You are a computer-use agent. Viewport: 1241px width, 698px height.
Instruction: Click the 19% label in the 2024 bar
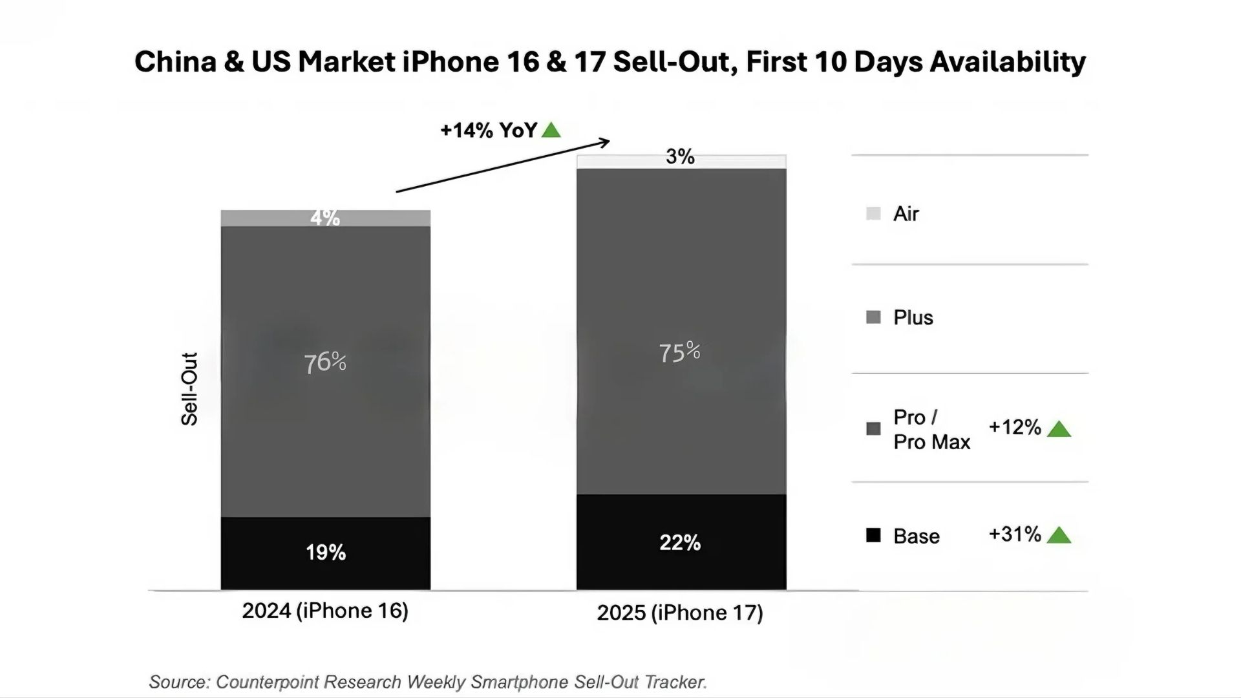click(326, 553)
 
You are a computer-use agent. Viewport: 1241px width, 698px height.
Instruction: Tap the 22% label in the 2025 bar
click(680, 542)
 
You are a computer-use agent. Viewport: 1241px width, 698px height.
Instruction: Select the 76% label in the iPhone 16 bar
click(325, 363)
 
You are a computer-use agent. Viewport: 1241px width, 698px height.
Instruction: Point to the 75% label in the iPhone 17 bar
click(679, 352)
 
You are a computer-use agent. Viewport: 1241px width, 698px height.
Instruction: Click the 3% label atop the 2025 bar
click(680, 156)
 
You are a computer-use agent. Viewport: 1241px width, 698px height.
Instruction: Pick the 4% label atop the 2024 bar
click(325, 218)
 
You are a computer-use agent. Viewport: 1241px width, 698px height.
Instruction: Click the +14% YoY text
click(489, 131)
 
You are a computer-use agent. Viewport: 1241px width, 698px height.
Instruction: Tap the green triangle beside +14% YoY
click(551, 131)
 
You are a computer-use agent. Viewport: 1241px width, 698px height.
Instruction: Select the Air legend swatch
click(873, 213)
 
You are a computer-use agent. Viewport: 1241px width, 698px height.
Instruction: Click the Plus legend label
click(913, 317)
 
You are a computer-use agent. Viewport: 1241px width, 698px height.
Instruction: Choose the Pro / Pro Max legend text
click(931, 429)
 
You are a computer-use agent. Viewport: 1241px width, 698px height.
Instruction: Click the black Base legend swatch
click(873, 535)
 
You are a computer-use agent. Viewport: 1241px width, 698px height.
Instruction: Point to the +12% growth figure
click(1015, 427)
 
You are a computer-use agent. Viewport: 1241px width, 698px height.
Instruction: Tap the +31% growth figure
click(1015, 534)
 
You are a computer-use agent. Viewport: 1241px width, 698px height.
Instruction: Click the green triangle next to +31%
click(1059, 535)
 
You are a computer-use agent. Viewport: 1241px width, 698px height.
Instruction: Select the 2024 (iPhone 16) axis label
click(325, 611)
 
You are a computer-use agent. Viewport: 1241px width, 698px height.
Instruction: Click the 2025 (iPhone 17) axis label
click(680, 613)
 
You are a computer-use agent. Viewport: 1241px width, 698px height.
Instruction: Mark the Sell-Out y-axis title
click(189, 388)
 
